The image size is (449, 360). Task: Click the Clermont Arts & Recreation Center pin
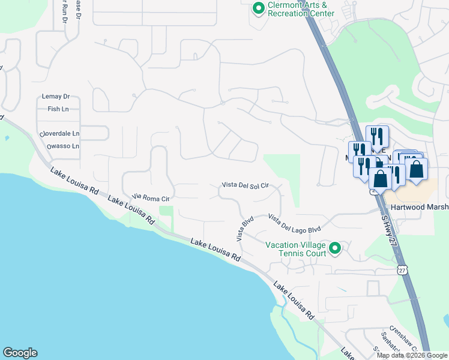[259, 8]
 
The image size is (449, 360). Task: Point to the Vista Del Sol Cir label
[244, 185]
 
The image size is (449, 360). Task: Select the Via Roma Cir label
[151, 197]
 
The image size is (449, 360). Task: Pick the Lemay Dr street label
[56, 96]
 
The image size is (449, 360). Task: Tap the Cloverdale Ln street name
[59, 133]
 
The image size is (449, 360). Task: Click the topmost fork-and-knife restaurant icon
[376, 135]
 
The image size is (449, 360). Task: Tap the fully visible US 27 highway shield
[400, 271]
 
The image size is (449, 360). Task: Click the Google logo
[20, 353]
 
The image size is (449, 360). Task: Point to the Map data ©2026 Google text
[412, 355]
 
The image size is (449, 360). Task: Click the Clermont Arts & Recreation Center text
[301, 8]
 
